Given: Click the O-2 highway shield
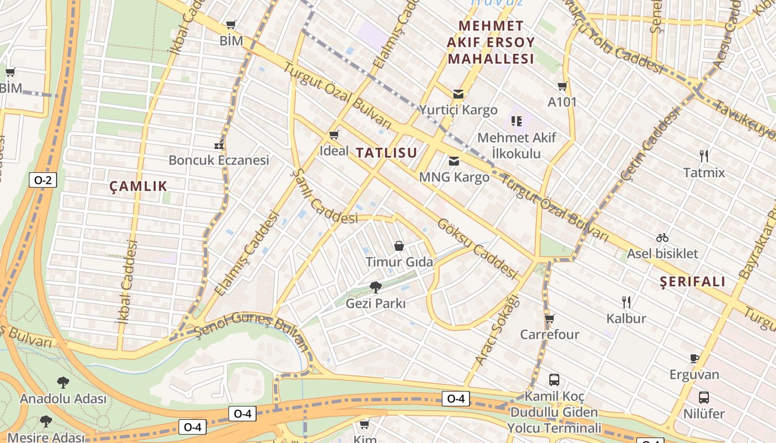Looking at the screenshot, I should point(43,179).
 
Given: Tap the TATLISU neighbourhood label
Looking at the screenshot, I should point(386,153).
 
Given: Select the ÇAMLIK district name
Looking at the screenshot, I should point(138,186).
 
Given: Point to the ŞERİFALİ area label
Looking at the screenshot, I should point(693,282).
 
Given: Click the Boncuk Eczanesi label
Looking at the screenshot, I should point(218,160).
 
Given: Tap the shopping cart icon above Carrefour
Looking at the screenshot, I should point(549,318).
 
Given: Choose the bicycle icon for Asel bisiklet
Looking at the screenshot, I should point(662,238).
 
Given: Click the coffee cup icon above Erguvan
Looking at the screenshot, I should point(695,358).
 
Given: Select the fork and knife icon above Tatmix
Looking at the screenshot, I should point(704,156).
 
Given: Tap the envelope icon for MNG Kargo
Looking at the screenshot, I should point(454,161).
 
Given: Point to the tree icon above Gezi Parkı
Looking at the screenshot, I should point(376,287).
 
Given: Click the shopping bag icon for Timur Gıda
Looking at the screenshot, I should point(399,246).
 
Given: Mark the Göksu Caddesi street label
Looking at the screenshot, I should point(477,249).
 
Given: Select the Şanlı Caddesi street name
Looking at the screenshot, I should point(325,197).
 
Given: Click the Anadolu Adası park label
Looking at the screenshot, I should point(63,399).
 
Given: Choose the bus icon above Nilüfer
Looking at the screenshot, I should point(703,398).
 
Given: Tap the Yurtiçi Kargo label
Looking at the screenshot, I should point(458,110).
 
